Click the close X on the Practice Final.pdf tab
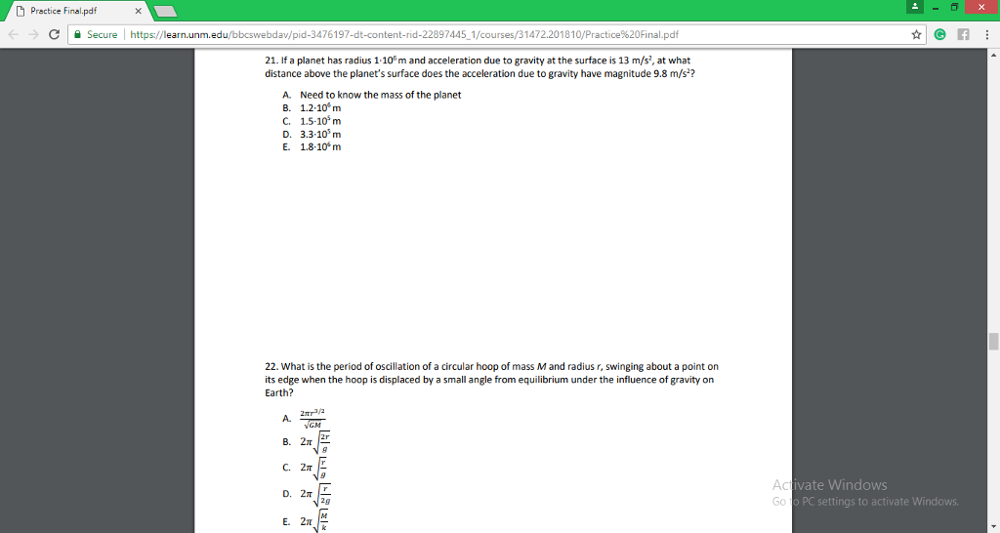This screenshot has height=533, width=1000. tap(138, 11)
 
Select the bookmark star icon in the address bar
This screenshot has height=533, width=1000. tap(917, 34)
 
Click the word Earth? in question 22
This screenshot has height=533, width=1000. tap(279, 392)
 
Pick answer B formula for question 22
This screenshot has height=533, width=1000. tap(316, 442)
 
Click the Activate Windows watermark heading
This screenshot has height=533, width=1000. tap(829, 485)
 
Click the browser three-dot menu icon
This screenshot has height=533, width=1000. tap(986, 34)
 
